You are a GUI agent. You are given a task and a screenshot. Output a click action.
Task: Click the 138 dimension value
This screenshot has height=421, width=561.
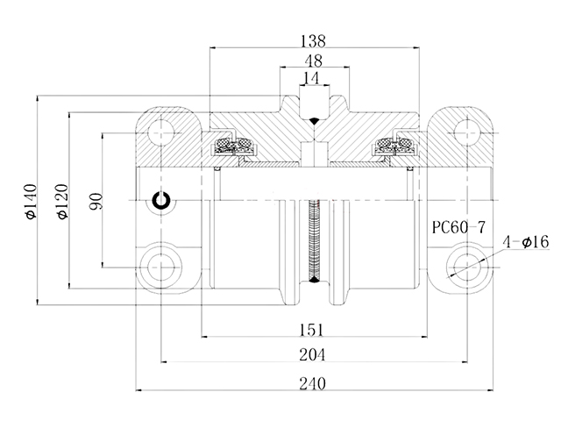click(312, 40)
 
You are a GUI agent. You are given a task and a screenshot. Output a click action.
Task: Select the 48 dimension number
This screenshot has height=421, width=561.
click(312, 62)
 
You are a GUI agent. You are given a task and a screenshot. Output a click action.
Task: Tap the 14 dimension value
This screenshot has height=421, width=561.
click(311, 78)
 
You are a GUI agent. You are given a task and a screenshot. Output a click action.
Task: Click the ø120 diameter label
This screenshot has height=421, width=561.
click(60, 201)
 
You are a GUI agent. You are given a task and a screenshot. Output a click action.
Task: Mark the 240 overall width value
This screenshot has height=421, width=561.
click(312, 383)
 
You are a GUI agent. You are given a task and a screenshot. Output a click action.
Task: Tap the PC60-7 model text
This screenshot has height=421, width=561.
click(460, 227)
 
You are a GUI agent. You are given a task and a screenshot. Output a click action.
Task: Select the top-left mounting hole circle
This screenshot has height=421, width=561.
click(160, 132)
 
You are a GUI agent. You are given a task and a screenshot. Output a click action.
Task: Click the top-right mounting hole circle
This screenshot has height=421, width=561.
click(464, 132)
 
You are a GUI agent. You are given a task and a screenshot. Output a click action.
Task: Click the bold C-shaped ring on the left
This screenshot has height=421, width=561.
click(161, 201)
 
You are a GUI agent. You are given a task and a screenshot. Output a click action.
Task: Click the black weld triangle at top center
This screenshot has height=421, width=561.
click(312, 117)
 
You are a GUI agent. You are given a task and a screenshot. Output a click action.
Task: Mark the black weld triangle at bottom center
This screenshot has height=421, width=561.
click(312, 282)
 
